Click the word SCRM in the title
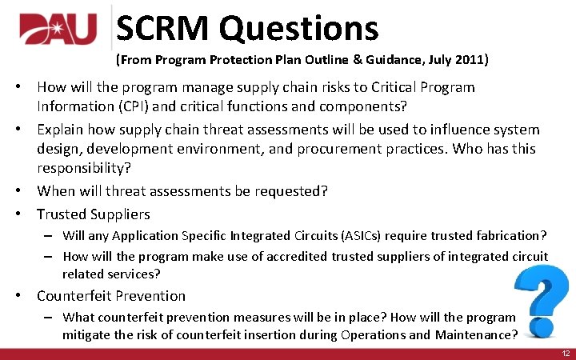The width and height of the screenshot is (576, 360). tap(164, 29)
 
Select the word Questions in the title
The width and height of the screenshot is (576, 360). tap(299, 29)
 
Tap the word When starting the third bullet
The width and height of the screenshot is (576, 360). tap(56, 191)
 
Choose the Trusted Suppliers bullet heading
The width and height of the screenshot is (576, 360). tap(93, 214)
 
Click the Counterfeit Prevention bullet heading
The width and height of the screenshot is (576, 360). tap(110, 295)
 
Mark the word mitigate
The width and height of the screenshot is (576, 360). tap(88, 334)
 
